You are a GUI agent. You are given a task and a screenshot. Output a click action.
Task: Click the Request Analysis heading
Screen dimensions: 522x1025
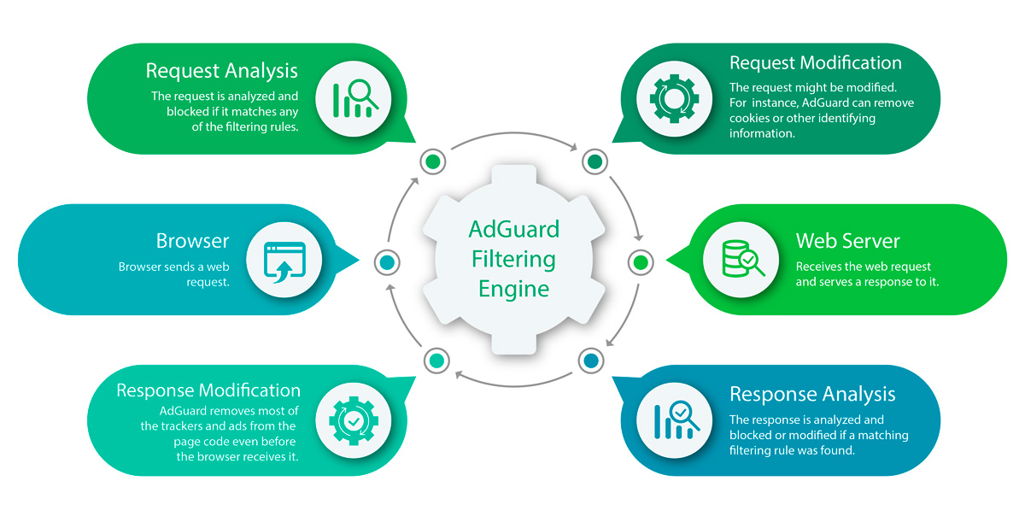tap(221, 70)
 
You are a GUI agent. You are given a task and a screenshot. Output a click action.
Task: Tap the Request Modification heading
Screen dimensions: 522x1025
tap(815, 63)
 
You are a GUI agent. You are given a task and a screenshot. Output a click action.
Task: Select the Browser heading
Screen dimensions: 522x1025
tap(193, 241)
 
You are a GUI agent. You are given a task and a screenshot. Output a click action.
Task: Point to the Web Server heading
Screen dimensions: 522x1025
tap(847, 241)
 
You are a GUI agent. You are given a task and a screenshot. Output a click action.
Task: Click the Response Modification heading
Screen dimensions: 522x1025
tap(208, 390)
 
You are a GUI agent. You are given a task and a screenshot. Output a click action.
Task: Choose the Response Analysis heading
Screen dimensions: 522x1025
tap(812, 394)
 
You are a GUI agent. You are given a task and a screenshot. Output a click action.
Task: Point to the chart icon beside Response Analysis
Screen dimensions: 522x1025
tap(675, 420)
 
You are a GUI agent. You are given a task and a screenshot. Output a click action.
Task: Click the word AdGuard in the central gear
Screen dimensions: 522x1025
tap(514, 229)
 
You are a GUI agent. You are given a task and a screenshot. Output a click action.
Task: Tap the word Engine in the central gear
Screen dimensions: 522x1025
tap(513, 288)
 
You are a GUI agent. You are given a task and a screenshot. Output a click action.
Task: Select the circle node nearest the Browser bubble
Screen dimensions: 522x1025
tap(387, 261)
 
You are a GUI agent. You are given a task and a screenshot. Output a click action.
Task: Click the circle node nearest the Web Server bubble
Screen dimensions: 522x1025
tap(640, 261)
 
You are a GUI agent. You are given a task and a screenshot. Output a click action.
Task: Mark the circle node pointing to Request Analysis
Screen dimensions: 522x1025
tap(433, 161)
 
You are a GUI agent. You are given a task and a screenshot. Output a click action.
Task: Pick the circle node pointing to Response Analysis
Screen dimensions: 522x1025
tap(590, 360)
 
